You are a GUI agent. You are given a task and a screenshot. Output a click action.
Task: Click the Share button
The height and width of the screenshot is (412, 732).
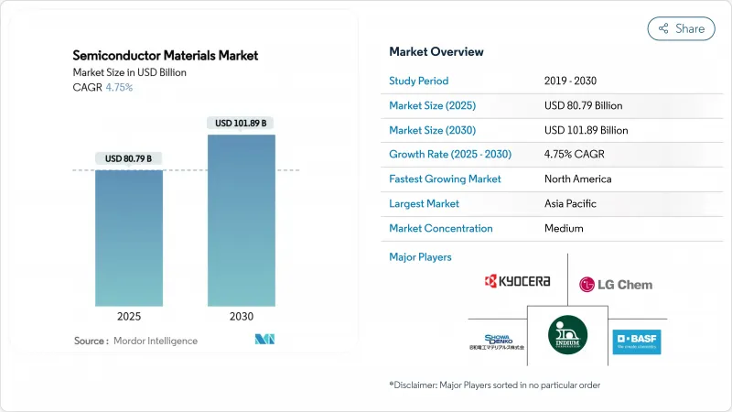(681, 28)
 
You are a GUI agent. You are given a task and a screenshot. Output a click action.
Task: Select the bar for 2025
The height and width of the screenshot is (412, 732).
(130, 238)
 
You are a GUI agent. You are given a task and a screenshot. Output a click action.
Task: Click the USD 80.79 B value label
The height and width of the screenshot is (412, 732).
(130, 158)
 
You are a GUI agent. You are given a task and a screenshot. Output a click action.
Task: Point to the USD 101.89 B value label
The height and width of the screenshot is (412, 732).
(241, 123)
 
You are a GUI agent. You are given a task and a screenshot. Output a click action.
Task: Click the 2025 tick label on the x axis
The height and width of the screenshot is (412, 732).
(130, 317)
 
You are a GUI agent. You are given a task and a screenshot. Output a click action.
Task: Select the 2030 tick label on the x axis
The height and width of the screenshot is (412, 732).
(241, 317)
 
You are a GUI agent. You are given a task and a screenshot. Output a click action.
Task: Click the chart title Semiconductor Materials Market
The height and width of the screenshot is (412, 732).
(166, 56)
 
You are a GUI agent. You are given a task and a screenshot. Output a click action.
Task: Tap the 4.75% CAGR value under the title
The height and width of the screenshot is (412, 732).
(119, 88)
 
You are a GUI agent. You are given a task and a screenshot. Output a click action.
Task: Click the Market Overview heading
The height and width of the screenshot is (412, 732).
(436, 51)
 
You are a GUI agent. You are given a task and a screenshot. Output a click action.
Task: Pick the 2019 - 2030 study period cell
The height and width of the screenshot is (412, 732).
(577, 81)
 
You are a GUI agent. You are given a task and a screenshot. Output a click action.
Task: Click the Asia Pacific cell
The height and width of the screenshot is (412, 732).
(573, 203)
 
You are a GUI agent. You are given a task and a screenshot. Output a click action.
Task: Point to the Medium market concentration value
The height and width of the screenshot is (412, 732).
(564, 228)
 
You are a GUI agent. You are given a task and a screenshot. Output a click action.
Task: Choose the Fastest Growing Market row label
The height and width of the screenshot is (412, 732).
(445, 179)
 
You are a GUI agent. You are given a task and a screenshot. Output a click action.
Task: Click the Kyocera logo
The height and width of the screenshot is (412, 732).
(517, 281)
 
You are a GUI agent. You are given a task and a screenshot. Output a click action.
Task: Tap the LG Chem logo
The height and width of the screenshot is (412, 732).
(615, 284)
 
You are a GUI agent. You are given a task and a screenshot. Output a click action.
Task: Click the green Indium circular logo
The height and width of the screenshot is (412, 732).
(567, 336)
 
